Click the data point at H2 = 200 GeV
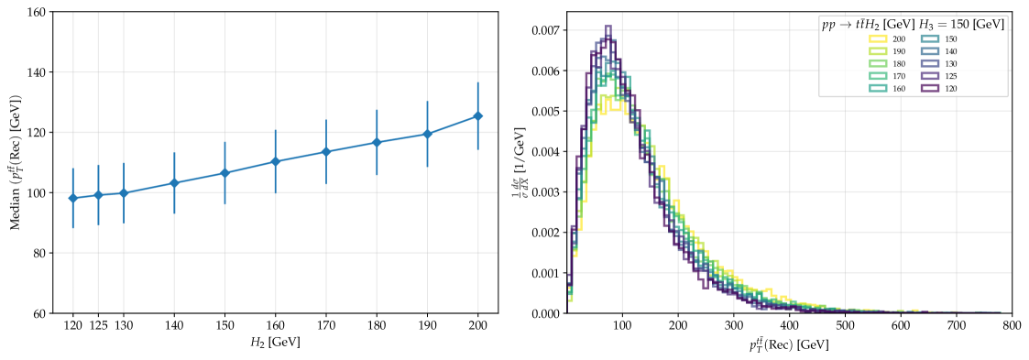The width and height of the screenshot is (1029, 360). point(477,116)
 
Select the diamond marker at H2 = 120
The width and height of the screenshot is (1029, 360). point(73,198)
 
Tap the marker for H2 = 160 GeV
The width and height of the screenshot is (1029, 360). point(275,161)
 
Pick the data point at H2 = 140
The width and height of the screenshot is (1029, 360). point(174,183)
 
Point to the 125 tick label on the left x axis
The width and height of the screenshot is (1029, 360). point(98,326)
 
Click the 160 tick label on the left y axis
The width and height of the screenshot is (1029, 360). point(37,12)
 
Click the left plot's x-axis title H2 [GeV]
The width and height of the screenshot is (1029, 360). point(275,343)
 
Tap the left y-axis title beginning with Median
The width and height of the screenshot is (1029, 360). point(15,162)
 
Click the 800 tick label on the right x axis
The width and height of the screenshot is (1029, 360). point(1012,326)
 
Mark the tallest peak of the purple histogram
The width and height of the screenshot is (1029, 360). point(608,27)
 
